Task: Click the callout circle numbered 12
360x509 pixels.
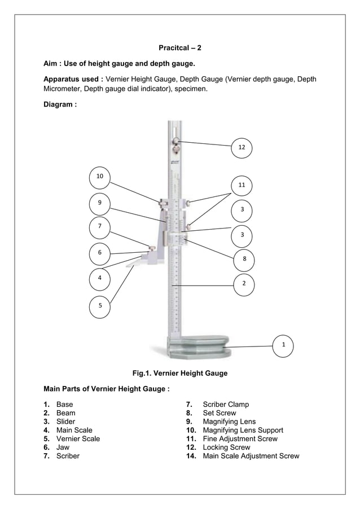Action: click(x=242, y=147)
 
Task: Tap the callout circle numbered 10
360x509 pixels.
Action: click(x=100, y=177)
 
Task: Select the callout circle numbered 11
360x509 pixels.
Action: click(x=242, y=185)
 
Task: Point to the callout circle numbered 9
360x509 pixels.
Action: click(x=100, y=202)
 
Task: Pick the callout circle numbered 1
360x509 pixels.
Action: click(x=284, y=344)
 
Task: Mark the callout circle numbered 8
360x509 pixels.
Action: click(x=244, y=258)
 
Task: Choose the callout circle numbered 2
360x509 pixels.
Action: click(x=244, y=283)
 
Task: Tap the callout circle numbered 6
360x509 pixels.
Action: click(x=100, y=252)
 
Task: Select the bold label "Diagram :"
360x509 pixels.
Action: click(x=60, y=104)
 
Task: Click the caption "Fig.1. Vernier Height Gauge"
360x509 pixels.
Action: click(x=179, y=373)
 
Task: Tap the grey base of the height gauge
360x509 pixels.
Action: click(x=198, y=345)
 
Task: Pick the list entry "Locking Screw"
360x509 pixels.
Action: click(x=226, y=447)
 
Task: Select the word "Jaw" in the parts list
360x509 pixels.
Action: click(x=63, y=447)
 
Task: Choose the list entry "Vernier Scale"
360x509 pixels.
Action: click(x=78, y=439)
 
